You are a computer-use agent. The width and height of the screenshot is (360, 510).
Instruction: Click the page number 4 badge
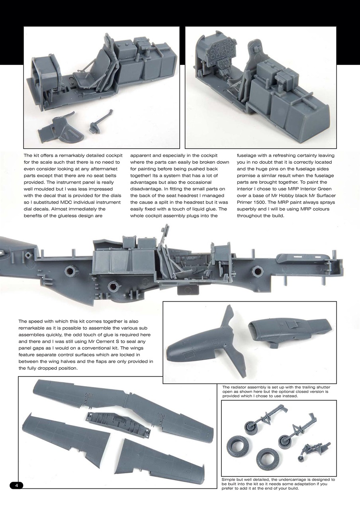click(x=16, y=485)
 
